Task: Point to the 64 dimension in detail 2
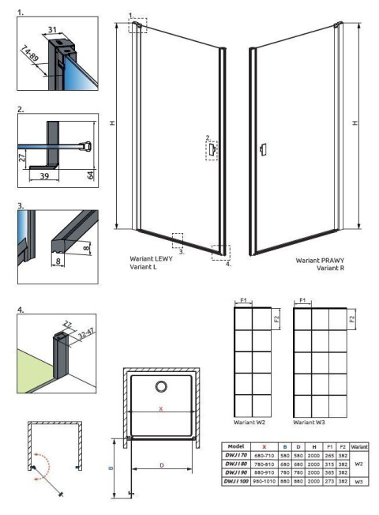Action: pyautogui.click(x=91, y=174)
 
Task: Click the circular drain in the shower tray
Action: pyautogui.click(x=162, y=386)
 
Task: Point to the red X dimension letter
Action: pyautogui.click(x=162, y=410)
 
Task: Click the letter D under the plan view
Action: pyautogui.click(x=162, y=465)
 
